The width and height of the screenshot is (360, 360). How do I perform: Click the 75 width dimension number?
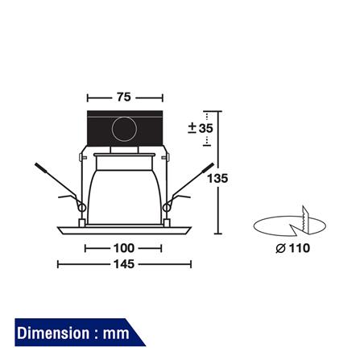click(124, 97)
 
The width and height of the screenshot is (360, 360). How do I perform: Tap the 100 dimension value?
click(124, 248)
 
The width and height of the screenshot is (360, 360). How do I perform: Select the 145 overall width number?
click(124, 264)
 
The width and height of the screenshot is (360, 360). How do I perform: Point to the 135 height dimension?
click(217, 179)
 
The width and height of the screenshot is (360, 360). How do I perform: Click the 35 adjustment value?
click(206, 128)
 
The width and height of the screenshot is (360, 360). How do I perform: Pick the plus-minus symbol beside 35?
click(192, 128)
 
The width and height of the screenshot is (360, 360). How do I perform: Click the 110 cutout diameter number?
click(300, 248)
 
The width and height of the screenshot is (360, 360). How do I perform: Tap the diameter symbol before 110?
click(280, 249)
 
